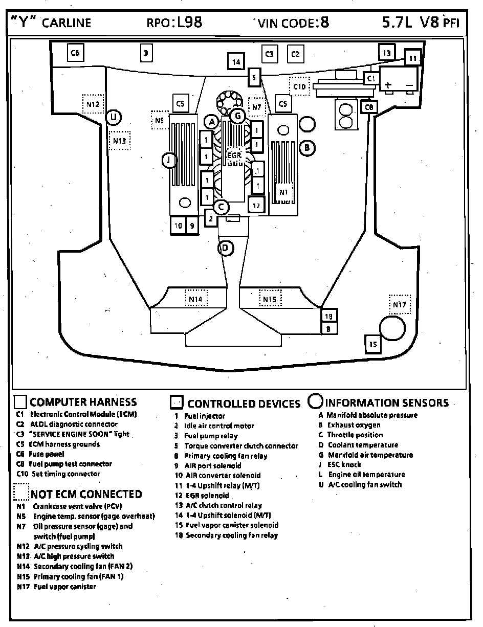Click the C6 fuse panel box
pos(75,53)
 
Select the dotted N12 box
pos(93,104)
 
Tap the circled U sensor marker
pos(114,118)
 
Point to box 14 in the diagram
pos(236,62)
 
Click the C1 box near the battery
pos(371,78)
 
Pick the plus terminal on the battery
pos(389,84)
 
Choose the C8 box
pos(369,107)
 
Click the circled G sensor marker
pos(237,116)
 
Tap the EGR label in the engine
pos(234,154)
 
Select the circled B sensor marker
pos(307,148)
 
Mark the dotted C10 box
pos(299,86)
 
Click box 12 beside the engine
pos(257,205)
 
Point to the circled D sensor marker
pos(225,249)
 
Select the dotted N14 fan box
pos(195,299)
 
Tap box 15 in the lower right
pos(373,344)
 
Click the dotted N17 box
pos(400,305)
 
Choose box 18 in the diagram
pos(328,316)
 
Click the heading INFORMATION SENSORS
pos(387,403)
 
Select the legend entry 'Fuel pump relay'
pos(211,436)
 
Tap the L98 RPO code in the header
pos(190,22)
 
